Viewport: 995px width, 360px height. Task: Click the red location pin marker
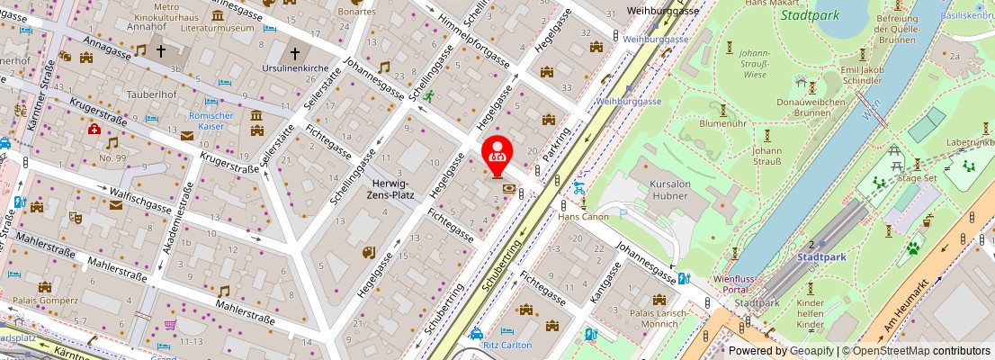pos(497,154)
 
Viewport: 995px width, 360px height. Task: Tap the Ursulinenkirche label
pos(293,69)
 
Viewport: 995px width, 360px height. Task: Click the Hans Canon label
pos(583,216)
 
